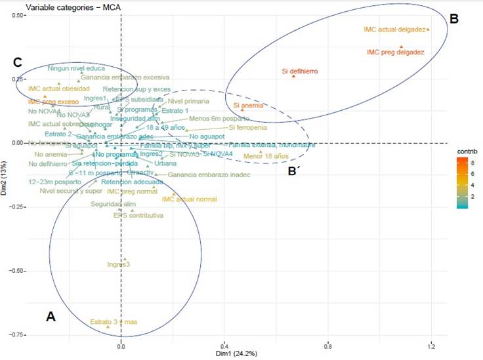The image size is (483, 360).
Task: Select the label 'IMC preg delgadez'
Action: [395, 51]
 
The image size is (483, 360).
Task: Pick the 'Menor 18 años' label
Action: [266, 156]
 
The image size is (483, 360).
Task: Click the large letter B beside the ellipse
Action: [453, 20]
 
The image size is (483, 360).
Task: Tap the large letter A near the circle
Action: [51, 316]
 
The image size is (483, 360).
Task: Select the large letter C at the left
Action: [18, 62]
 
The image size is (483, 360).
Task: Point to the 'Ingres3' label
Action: [123, 264]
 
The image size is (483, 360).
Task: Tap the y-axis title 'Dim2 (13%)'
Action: [5, 177]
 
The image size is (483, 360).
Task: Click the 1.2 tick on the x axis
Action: [430, 346]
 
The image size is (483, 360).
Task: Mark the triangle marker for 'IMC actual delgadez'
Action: [428, 30]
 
